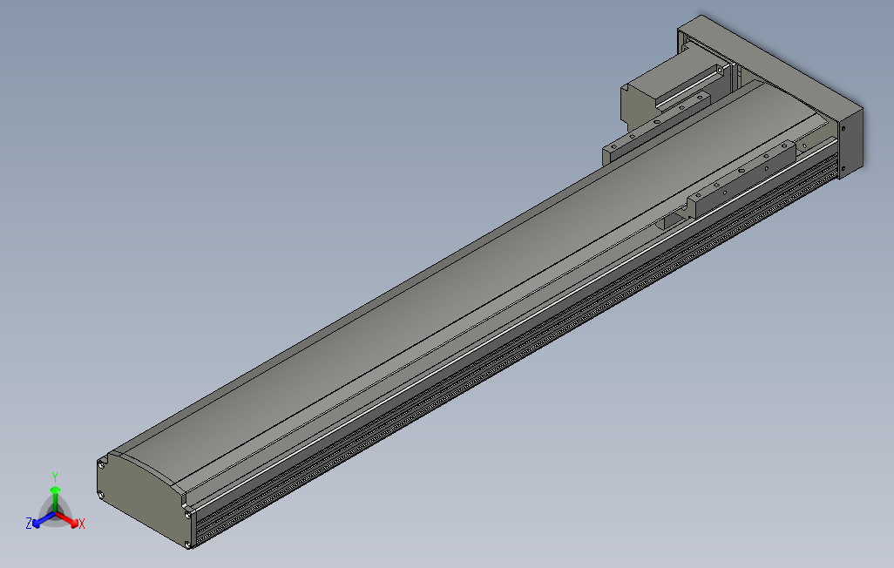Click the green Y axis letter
54,477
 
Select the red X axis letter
81,524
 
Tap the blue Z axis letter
30,523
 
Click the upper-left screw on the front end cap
103,464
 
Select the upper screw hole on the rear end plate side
843,129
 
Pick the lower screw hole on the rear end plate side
843,167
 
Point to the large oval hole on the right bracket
742,171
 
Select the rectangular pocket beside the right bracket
672,221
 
